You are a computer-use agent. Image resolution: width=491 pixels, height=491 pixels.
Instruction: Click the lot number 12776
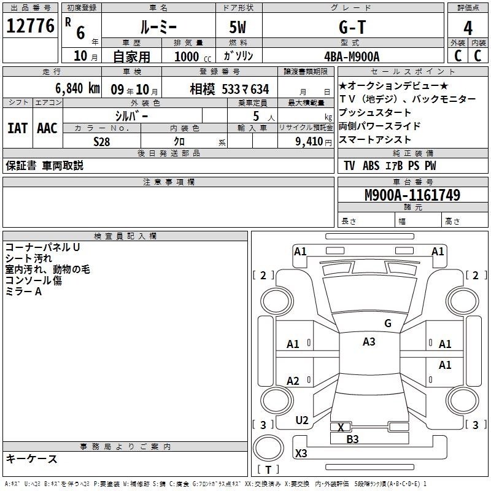tap(30, 26)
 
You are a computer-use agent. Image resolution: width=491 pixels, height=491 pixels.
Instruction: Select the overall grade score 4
tap(468, 28)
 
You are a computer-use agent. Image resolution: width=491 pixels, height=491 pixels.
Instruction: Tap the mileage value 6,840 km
tap(77, 88)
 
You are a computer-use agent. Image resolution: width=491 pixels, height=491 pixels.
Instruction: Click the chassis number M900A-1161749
tap(412, 195)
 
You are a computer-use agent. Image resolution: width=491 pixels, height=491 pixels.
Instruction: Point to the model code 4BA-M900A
tap(352, 56)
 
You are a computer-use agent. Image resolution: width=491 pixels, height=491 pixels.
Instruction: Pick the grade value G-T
tap(352, 27)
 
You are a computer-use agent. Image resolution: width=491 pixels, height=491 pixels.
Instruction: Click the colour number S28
tap(102, 142)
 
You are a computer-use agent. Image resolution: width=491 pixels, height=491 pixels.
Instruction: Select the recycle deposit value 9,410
tap(309, 142)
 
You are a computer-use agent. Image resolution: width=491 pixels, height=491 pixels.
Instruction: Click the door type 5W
tap(238, 27)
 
